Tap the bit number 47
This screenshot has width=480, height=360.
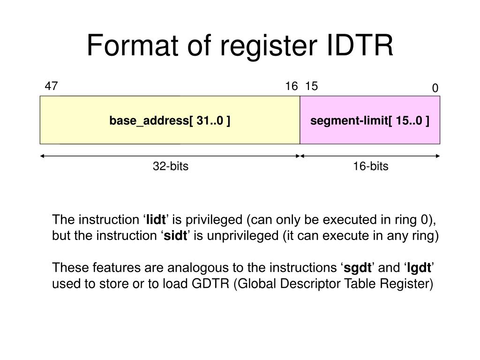[51, 86]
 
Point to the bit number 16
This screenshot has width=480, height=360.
[292, 86]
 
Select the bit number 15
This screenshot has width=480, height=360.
[311, 86]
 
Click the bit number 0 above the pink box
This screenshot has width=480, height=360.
[435, 88]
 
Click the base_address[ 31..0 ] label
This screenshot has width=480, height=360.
[170, 120]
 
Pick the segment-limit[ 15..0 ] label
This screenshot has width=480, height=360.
[370, 120]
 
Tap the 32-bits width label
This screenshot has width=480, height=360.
[171, 166]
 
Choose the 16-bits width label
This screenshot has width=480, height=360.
[371, 166]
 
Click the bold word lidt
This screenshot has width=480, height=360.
[156, 219]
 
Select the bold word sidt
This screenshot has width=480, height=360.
[175, 235]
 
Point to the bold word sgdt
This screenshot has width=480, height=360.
[358, 268]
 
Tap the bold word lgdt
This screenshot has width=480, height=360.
[419, 268]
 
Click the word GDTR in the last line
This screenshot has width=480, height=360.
[210, 284]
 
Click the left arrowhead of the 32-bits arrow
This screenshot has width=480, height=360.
[42, 156]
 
